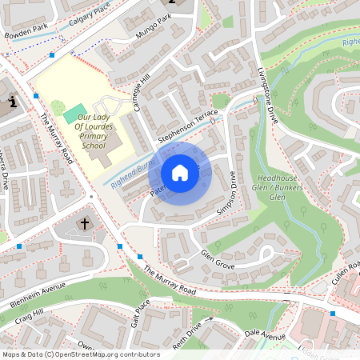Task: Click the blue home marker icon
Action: coord(180,173)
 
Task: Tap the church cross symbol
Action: coord(86,224)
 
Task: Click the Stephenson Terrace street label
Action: coord(188,127)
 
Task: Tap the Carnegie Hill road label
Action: coord(141,94)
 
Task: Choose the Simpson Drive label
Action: coord(228,193)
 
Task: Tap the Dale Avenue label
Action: coord(265,334)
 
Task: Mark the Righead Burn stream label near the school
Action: coord(130,171)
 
